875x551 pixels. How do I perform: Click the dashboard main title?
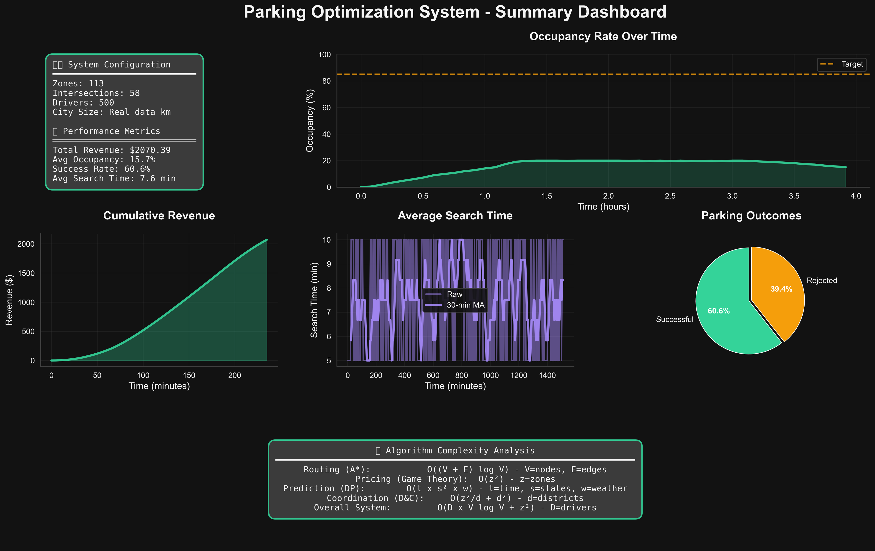coord(455,12)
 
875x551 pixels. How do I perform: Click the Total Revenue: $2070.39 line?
coord(112,150)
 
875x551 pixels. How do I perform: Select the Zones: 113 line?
coord(78,84)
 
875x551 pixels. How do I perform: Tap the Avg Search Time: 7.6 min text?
coord(114,178)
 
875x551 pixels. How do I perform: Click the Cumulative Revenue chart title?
coord(159,215)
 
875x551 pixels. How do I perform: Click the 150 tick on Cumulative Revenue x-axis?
coord(189,375)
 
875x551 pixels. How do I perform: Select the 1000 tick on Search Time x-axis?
coord(490,375)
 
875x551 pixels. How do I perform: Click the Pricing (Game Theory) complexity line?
coord(455,479)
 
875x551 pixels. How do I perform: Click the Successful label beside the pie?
coord(674,319)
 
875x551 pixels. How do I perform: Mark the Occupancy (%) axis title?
coord(310,120)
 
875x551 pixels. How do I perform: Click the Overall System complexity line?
coord(455,508)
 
